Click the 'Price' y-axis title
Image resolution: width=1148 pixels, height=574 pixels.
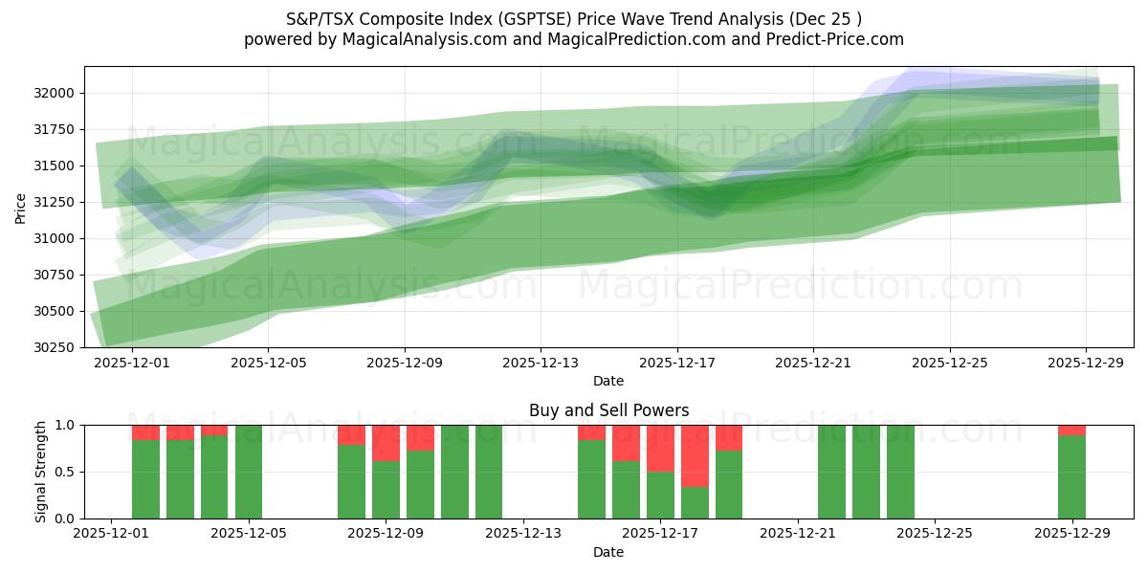pyautogui.click(x=21, y=207)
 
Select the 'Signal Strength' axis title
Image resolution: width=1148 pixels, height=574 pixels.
pyautogui.click(x=40, y=472)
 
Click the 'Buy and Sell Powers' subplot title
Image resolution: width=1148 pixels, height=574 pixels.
pyautogui.click(x=608, y=410)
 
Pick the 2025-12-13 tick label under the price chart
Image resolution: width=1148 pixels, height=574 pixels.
pyautogui.click(x=541, y=363)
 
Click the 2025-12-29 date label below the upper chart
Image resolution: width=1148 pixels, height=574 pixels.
pyautogui.click(x=1086, y=363)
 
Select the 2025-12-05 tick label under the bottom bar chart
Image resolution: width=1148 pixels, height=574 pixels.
pyautogui.click(x=249, y=534)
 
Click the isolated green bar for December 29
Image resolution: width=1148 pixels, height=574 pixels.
pyautogui.click(x=1071, y=476)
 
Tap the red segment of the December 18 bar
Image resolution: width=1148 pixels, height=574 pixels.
pyautogui.click(x=695, y=455)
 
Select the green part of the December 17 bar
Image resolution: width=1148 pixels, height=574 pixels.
pyautogui.click(x=660, y=495)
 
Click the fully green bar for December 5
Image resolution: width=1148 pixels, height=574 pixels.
pyautogui.click(x=249, y=472)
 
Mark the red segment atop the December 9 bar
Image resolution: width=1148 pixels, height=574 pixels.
pyautogui.click(x=386, y=443)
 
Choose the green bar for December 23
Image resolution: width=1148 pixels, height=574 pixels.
pyautogui.click(x=866, y=472)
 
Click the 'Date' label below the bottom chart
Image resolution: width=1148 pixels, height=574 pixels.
pyautogui.click(x=608, y=552)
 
